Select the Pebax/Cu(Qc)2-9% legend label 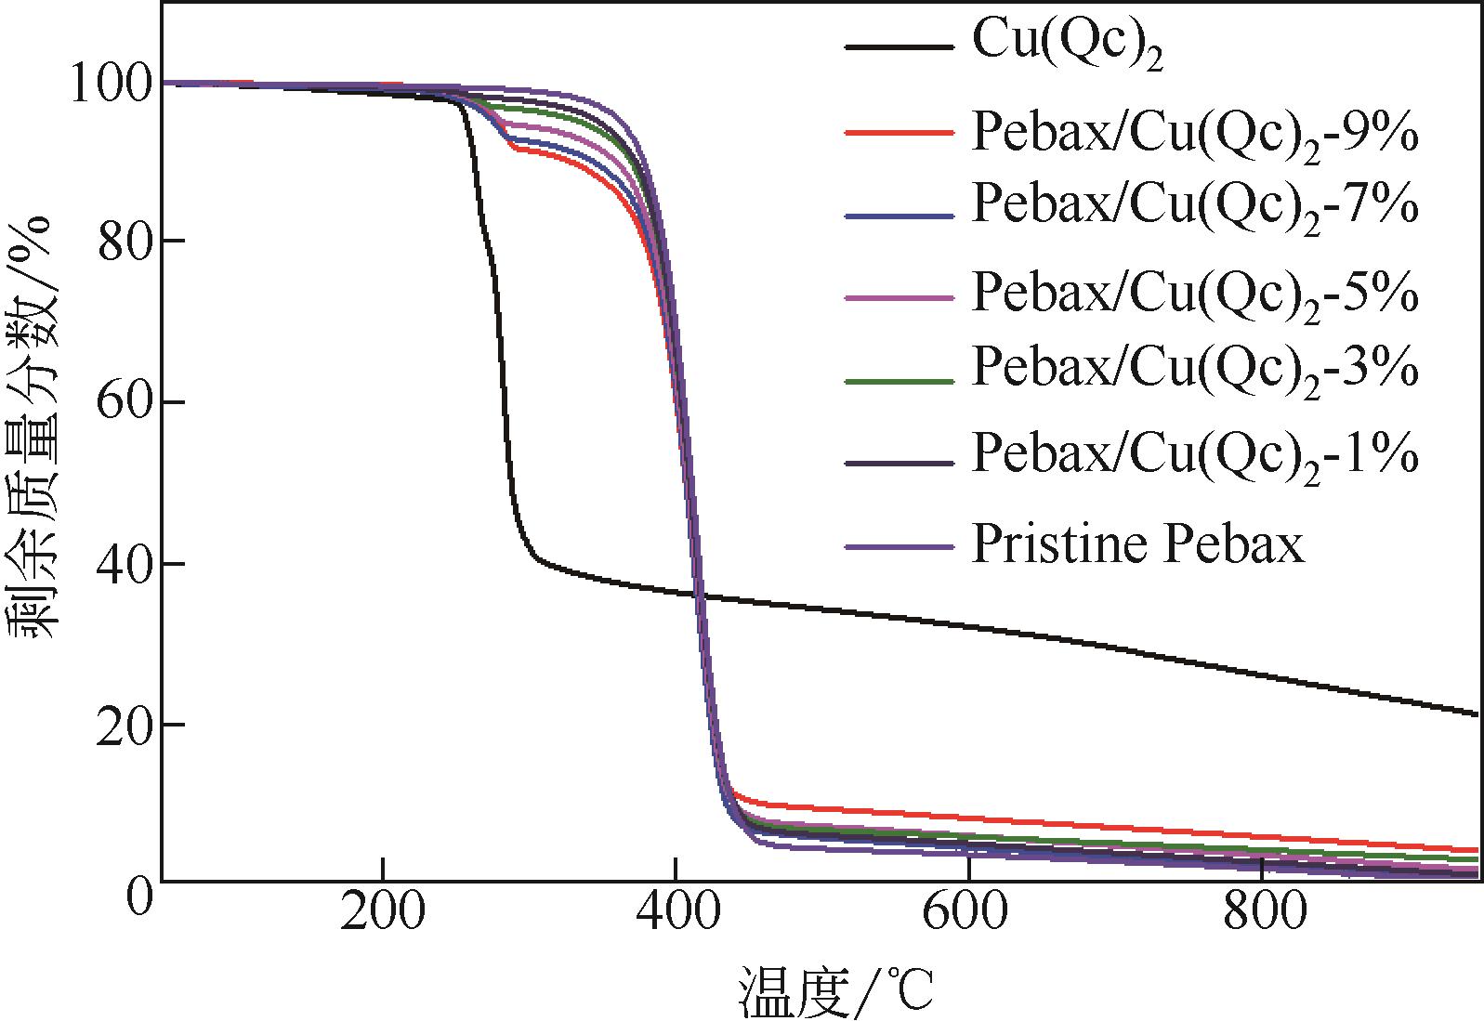click(x=1195, y=133)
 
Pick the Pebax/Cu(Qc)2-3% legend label click(x=1195, y=369)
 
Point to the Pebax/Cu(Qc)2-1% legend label click(x=1195, y=454)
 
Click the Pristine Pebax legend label click(x=1137, y=543)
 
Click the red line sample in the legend click(x=900, y=133)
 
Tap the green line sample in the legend click(x=900, y=380)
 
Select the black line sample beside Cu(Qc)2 click(x=900, y=46)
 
